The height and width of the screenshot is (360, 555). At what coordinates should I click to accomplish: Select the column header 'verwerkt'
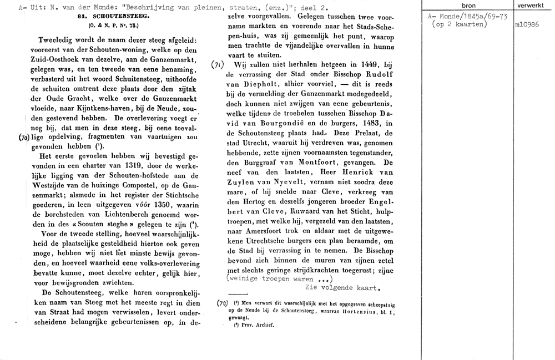tap(531, 5)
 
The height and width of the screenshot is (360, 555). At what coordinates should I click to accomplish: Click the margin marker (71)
tap(219, 64)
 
